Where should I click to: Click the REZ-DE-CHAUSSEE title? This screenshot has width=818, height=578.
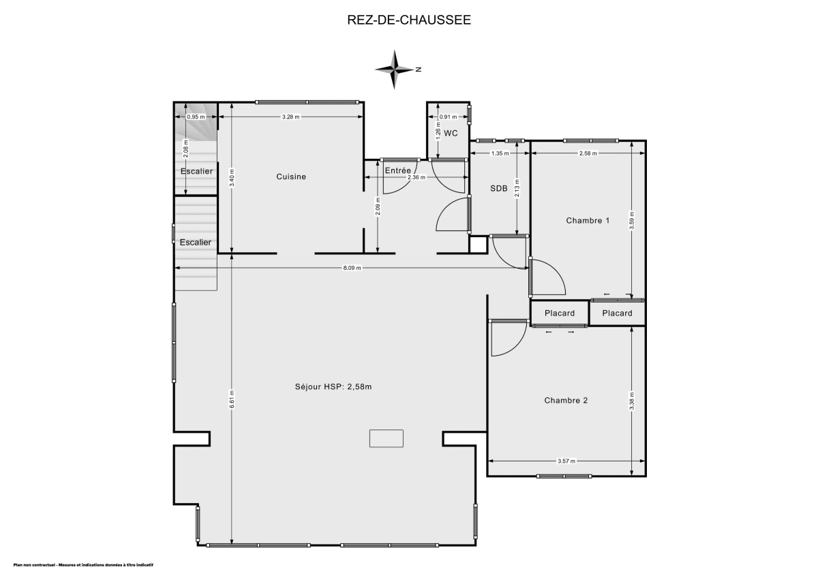tap(409, 20)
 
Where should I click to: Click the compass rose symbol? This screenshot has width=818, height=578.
tap(395, 69)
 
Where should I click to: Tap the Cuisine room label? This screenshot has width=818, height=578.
tap(291, 177)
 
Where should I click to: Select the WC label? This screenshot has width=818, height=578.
tap(451, 134)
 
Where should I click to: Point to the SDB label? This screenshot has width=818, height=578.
tap(499, 189)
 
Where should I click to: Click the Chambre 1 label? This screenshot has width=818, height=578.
tap(588, 220)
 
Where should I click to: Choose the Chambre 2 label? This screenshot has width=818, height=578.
tap(566, 400)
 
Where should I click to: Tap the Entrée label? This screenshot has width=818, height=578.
tap(398, 170)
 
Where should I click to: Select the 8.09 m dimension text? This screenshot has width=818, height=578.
tap(352, 269)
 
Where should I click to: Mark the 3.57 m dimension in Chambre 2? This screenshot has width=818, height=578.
tap(566, 461)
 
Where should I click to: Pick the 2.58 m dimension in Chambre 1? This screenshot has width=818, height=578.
tap(588, 153)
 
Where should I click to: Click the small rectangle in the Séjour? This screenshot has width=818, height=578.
tap(387, 438)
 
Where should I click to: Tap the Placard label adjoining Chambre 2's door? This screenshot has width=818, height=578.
tap(559, 314)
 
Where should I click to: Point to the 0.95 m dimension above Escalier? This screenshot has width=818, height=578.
tap(196, 117)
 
